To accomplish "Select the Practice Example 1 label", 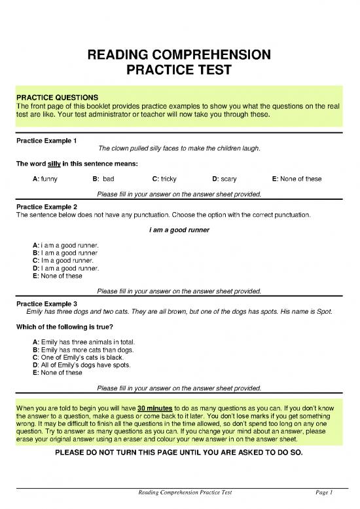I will [x=46, y=140].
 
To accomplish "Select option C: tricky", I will [x=164, y=179].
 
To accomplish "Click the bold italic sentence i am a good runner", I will [x=179, y=231].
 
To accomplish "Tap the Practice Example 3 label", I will [x=46, y=303].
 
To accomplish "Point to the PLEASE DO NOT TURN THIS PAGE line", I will [x=179, y=453].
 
